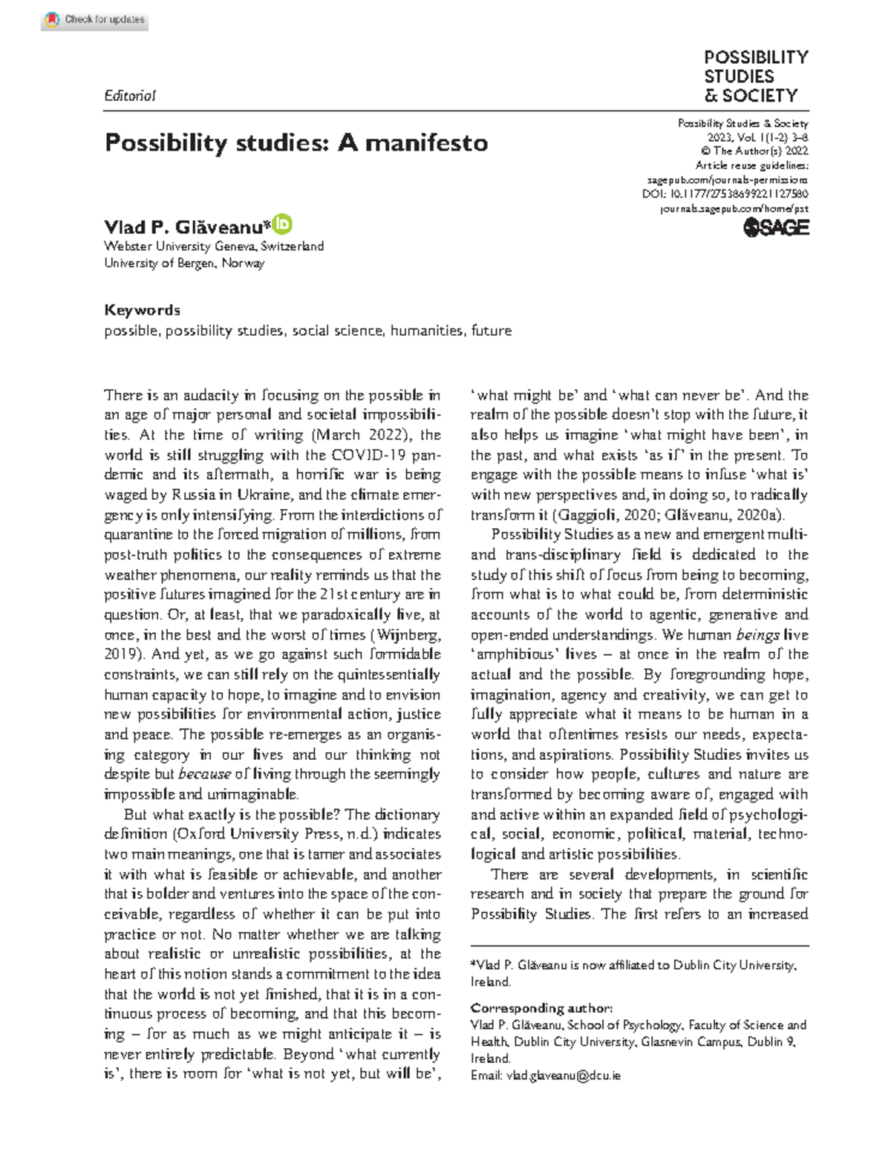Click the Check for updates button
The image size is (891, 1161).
click(95, 20)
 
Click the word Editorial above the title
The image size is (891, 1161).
click(130, 96)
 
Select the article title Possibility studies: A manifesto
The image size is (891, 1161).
click(296, 142)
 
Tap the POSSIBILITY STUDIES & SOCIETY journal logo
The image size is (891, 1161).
click(755, 77)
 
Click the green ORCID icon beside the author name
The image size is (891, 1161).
click(283, 224)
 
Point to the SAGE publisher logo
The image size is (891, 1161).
click(776, 228)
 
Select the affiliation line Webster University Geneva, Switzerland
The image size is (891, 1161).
click(214, 246)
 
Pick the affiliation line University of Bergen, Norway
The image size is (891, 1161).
click(184, 263)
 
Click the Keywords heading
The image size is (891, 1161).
click(142, 310)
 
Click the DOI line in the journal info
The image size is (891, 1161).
click(725, 195)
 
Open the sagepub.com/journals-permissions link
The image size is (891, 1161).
click(727, 180)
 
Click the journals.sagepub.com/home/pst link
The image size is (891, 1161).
click(734, 209)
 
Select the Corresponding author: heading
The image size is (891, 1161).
click(541, 1008)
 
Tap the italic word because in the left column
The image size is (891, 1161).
click(204, 774)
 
